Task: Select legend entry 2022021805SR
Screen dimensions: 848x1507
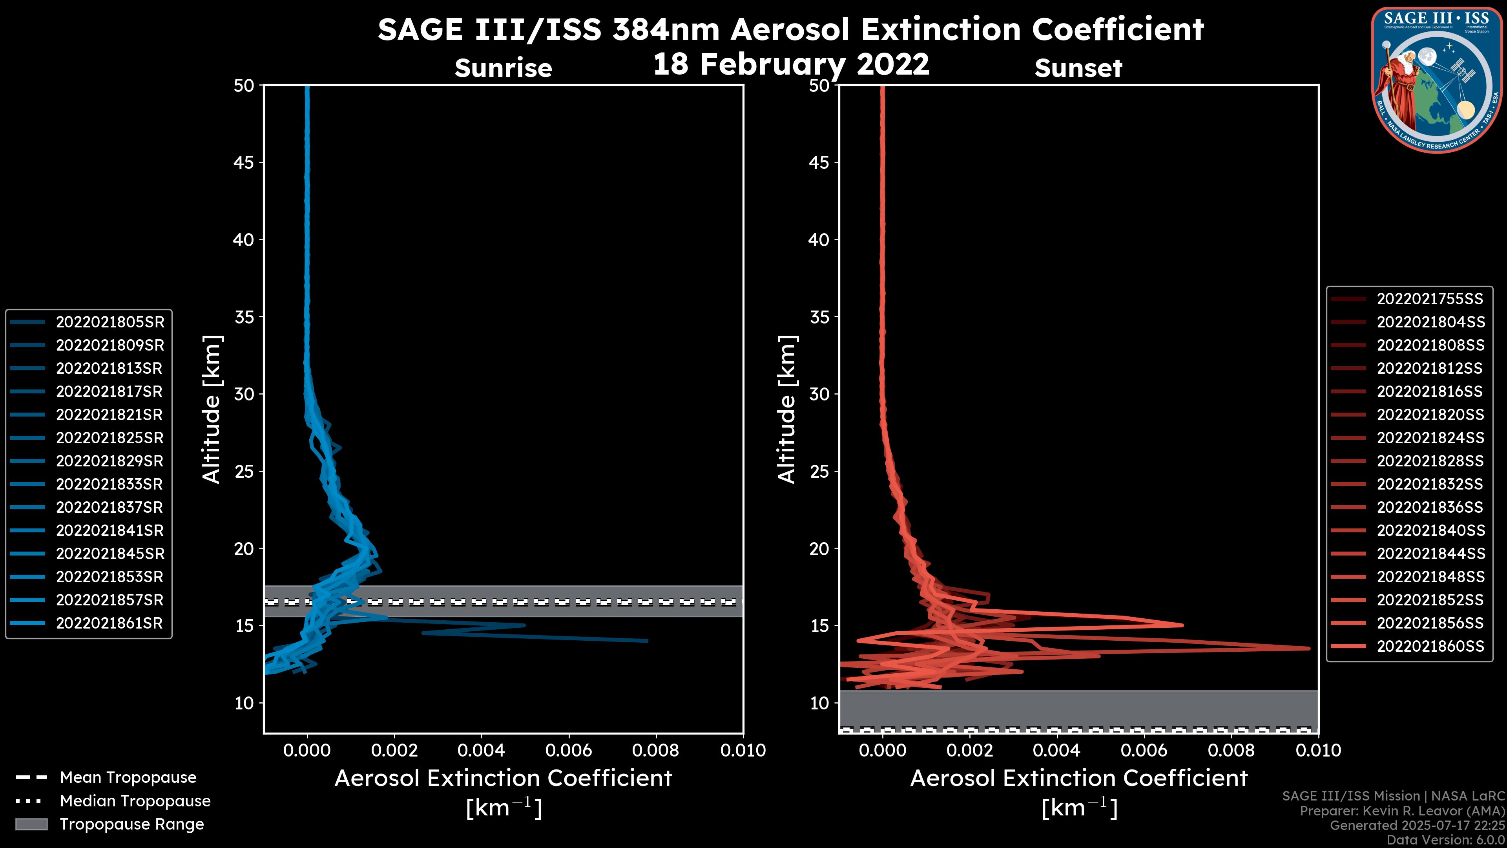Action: tap(110, 322)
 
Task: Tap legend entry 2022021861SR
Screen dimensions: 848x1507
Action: tap(109, 623)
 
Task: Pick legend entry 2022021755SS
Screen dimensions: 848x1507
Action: tap(1430, 299)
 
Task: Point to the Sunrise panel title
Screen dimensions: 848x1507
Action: tap(503, 68)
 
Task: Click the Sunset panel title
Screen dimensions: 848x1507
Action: tap(1078, 68)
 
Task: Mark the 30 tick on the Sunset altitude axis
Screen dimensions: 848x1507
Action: tap(819, 394)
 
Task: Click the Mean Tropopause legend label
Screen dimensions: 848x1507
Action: tap(128, 777)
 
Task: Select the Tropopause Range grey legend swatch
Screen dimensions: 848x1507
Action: tap(31, 824)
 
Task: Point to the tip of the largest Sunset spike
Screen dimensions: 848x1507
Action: tap(1309, 648)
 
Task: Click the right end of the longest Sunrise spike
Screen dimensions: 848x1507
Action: tap(647, 641)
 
